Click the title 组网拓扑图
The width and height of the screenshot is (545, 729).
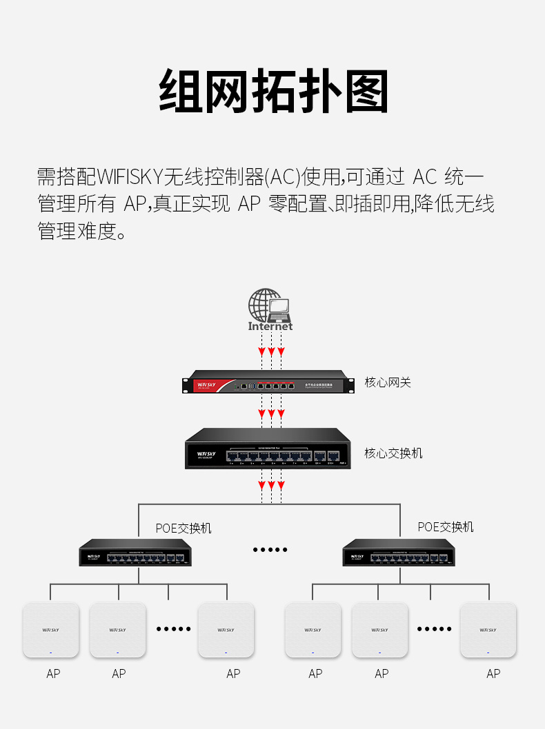273,92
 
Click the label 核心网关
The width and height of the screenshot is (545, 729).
388,382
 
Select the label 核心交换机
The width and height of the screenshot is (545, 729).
393,453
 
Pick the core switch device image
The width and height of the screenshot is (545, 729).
268,449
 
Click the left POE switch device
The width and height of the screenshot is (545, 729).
135,553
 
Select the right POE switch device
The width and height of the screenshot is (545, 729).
399,553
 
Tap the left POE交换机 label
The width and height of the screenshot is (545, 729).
184,528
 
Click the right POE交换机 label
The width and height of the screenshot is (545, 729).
446,527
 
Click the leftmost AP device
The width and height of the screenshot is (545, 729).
51,630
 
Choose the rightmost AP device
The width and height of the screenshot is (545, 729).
488,630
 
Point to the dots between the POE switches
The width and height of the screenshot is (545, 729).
270,550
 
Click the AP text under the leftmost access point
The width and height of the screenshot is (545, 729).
53,674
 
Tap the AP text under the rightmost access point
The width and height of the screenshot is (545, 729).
493,674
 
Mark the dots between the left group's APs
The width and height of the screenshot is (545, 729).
173,628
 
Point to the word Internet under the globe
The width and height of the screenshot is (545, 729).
270,327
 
